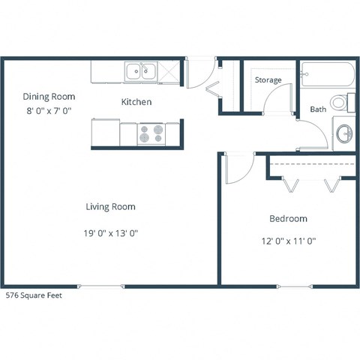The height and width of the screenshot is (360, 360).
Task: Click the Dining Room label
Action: pos(49,96)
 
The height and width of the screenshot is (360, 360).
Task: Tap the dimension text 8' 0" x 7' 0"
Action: pos(49,110)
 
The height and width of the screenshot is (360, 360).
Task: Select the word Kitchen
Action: pos(136,102)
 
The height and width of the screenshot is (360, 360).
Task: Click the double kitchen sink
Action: pos(140,72)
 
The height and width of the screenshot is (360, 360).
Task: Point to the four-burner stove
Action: pos(152,133)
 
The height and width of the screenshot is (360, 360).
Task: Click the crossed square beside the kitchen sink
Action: pos(169,72)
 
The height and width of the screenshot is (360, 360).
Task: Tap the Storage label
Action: pos(268,79)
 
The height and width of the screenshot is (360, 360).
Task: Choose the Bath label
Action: pos(318,109)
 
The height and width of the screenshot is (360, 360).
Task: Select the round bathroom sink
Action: pos(344,134)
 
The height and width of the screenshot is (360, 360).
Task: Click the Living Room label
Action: pos(110,207)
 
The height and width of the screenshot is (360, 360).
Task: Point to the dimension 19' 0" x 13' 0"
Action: pos(111,233)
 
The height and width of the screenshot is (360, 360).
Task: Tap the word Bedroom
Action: pos(288,219)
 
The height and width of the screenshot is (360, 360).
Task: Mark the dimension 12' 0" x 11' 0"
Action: pos(288,241)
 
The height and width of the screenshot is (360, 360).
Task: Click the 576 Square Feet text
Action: pos(34,295)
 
